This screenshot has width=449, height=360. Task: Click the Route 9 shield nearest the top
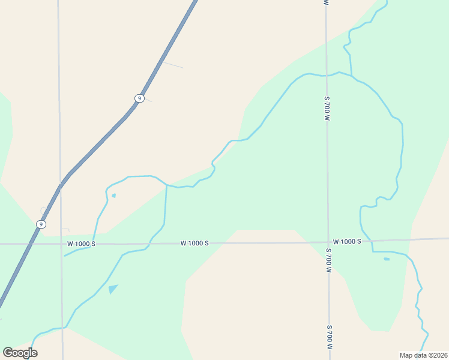click(139, 98)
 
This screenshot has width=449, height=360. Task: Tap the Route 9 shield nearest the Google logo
click(40, 224)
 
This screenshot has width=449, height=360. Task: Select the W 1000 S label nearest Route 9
click(81, 244)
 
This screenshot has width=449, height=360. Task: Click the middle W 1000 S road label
click(194, 244)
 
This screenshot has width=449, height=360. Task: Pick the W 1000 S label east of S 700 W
click(347, 241)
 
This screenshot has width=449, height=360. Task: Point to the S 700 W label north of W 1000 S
click(327, 108)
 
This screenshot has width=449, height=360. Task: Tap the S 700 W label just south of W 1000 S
click(328, 260)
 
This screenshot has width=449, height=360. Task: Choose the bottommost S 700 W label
click(330, 337)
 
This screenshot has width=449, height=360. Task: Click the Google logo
click(20, 352)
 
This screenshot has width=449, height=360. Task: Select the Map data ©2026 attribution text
click(423, 355)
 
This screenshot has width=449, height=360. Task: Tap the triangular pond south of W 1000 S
click(112, 289)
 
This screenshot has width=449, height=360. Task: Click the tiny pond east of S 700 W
click(387, 259)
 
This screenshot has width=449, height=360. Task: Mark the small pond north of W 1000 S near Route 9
click(113, 195)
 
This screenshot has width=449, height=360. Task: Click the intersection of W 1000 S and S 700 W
click(328, 242)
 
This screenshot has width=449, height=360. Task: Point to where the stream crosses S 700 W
click(327, 76)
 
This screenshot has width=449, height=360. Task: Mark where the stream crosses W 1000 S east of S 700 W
click(372, 241)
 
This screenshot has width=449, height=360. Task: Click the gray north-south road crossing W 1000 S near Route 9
click(61, 244)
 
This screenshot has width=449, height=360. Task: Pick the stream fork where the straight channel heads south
click(166, 185)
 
